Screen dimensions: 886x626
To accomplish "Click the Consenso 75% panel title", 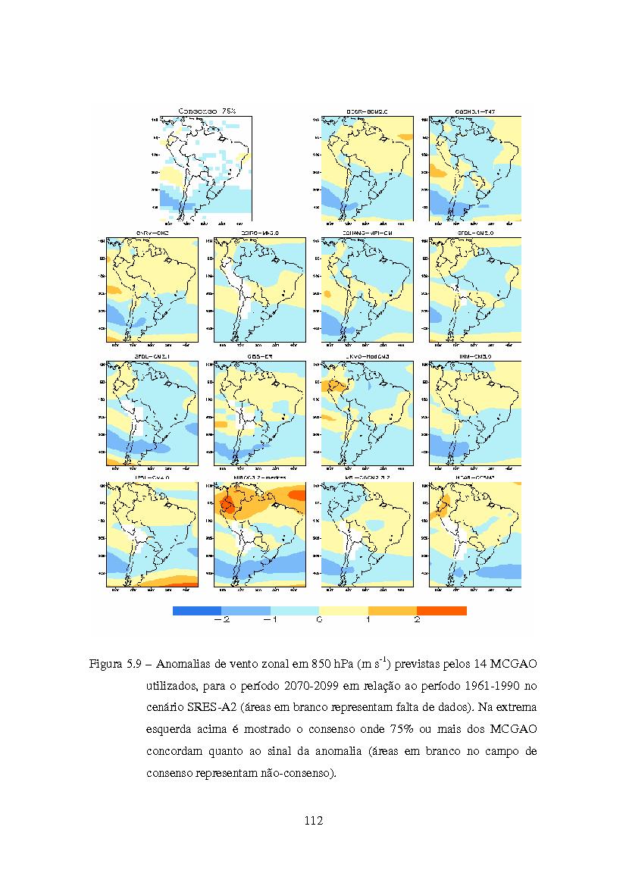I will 207,111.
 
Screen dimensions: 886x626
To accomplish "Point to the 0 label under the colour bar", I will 319,620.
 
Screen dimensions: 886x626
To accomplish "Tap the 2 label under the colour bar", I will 417,620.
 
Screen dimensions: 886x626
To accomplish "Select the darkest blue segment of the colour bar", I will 197,610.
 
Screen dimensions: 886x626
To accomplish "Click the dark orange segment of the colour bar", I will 442,610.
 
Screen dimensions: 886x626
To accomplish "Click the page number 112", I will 313,820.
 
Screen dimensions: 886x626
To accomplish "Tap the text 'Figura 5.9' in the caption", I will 113,665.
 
